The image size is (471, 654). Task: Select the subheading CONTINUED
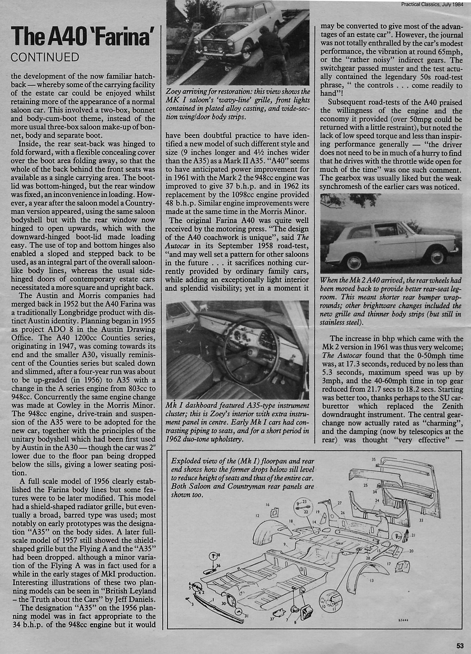click(45, 57)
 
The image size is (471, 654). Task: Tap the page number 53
click(460, 646)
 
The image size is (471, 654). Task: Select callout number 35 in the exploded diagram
click(373, 460)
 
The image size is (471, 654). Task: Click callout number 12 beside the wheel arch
click(257, 516)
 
